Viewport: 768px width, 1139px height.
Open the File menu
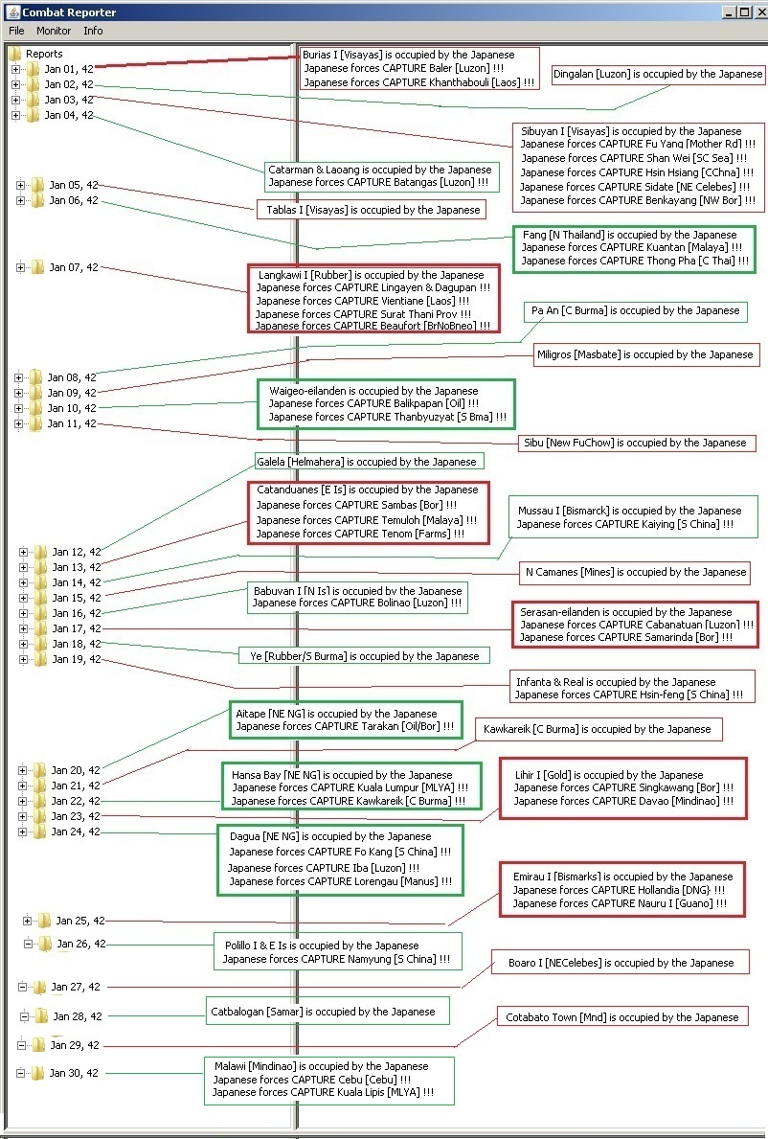[x=16, y=31]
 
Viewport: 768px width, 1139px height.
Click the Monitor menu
[x=54, y=31]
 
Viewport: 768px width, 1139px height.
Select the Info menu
[x=93, y=31]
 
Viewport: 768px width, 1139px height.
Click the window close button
[x=759, y=11]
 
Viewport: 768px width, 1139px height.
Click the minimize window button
[x=731, y=11]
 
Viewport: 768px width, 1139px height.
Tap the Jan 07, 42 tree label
[x=74, y=267]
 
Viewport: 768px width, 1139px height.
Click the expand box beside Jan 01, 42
[x=16, y=69]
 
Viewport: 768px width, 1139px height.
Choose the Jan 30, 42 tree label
[x=74, y=1073]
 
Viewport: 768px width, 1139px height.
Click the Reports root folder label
[x=44, y=54]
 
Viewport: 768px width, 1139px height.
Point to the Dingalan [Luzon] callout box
[x=658, y=74]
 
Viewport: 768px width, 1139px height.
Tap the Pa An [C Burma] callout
[x=635, y=311]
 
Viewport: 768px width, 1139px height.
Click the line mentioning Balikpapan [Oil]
[x=373, y=403]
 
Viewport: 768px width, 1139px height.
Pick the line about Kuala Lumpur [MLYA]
[x=350, y=787]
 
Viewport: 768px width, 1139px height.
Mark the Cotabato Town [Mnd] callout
[x=622, y=1017]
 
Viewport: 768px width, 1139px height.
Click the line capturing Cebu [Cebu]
[x=312, y=1080]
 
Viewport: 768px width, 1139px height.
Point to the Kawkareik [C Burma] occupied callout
[x=599, y=729]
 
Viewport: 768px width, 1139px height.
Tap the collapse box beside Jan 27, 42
[x=22, y=987]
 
